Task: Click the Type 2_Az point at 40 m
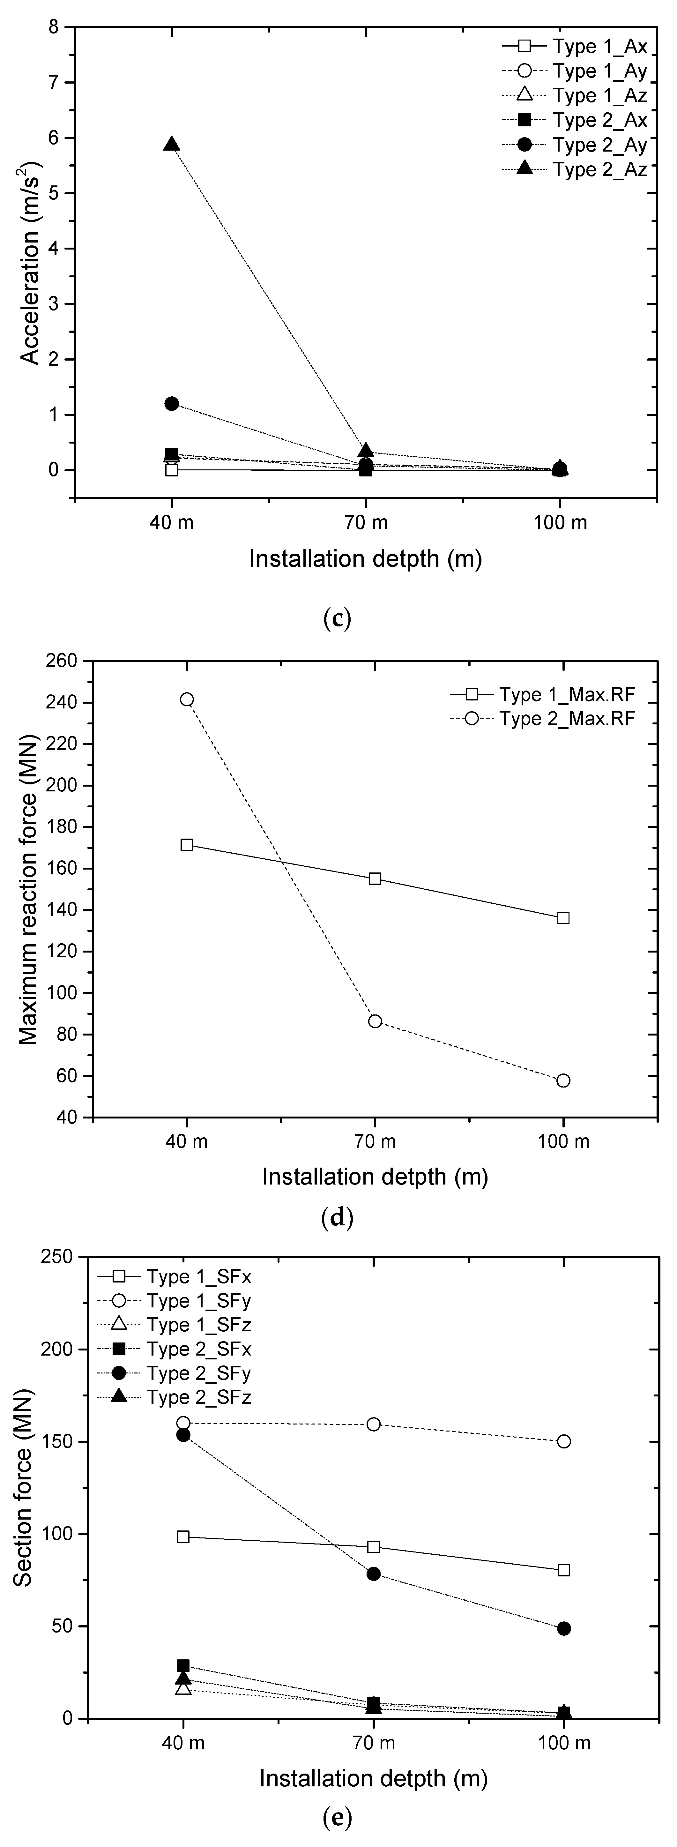171,144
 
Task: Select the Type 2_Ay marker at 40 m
171,404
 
